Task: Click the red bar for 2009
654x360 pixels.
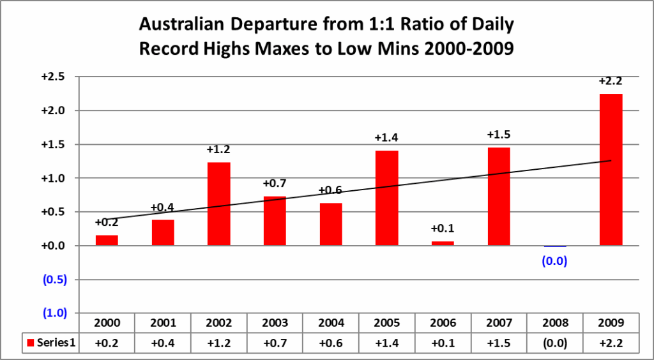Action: (x=611, y=170)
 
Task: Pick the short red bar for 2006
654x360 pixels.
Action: (x=443, y=243)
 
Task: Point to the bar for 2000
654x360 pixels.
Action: (x=107, y=240)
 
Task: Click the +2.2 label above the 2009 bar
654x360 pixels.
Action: (x=611, y=81)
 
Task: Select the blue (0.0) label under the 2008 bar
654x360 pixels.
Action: (x=554, y=260)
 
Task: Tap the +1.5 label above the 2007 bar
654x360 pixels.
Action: (x=498, y=135)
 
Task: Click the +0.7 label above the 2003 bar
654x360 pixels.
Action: (x=275, y=184)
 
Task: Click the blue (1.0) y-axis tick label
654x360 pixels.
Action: (x=56, y=313)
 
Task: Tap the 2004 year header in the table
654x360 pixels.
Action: (x=331, y=322)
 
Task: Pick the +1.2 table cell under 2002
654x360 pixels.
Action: (x=218, y=343)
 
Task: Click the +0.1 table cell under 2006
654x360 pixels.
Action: (x=443, y=343)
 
